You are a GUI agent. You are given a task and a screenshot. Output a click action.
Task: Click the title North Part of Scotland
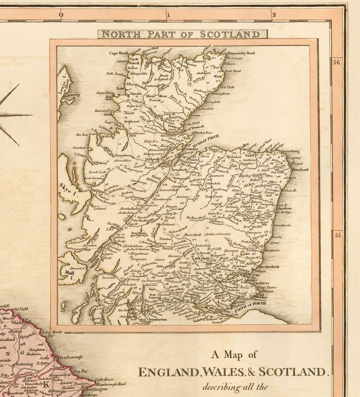183,34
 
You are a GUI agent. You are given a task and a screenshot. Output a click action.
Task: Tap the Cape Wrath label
119,53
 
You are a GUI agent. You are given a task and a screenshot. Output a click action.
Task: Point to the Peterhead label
300,170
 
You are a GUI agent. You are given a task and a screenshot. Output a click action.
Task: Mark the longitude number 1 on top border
168,15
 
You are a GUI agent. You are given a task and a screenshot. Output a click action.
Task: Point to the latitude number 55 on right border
338,235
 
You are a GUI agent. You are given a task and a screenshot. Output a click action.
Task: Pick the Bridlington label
96,389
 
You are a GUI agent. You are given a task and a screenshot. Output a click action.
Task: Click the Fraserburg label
299,152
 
